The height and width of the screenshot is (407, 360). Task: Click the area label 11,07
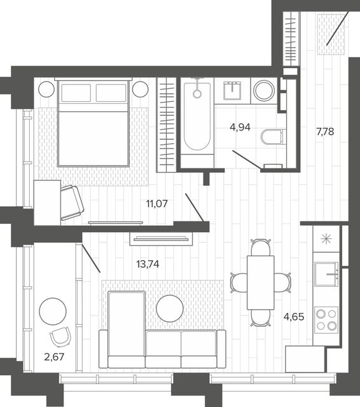[156, 203]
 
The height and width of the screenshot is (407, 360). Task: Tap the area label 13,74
[148, 265]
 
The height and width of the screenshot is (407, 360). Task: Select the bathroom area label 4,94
[240, 127]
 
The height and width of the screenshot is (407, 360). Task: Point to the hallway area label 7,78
[325, 132]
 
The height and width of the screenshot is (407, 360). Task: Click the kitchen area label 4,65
[294, 317]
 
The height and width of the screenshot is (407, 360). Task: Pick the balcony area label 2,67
[54, 357]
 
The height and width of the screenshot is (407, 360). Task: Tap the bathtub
[197, 116]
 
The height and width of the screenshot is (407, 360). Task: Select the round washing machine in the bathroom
[264, 90]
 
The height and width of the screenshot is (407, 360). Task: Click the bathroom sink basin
[232, 90]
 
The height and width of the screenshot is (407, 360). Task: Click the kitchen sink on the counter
[326, 274]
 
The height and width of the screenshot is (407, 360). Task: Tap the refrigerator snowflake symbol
[326, 239]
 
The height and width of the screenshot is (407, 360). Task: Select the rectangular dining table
[261, 282]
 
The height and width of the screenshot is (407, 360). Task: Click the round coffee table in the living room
[170, 308]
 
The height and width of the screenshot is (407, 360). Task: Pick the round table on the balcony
[53, 311]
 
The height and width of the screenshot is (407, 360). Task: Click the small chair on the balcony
[60, 336]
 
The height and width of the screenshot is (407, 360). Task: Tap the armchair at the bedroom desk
[72, 203]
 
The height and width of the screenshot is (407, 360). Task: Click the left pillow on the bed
[76, 93]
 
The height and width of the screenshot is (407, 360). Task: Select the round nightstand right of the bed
[141, 89]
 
